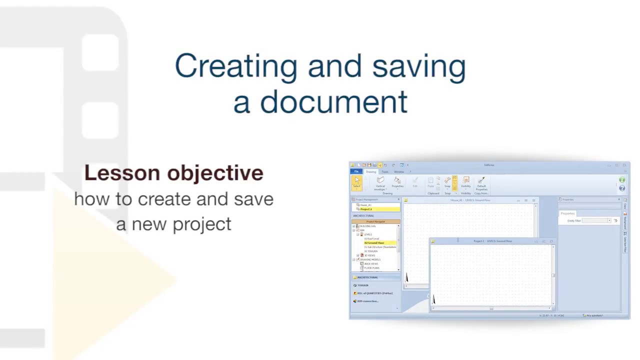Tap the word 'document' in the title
tap(333, 102)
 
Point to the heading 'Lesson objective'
tap(173, 173)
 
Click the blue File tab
tap(356, 171)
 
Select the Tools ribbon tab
tap(385, 171)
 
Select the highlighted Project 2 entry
tap(366, 209)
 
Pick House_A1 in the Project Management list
tap(366, 205)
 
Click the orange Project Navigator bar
tap(375, 221)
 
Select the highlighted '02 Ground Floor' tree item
tap(374, 243)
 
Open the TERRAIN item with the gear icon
tap(362, 285)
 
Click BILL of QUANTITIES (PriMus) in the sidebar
tap(374, 293)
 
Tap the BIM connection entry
tap(367, 301)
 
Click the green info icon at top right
tap(622, 180)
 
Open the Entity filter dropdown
tap(609, 220)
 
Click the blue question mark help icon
tap(622, 188)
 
